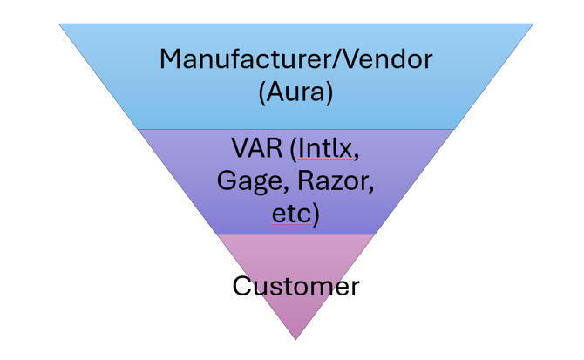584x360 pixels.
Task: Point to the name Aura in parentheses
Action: pyautogui.click(x=296, y=92)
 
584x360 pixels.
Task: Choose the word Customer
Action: pyautogui.click(x=295, y=285)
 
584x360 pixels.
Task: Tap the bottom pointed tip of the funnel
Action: pyautogui.click(x=295, y=338)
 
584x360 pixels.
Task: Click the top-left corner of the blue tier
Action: pyautogui.click(x=60, y=25)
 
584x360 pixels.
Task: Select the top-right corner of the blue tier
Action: pyautogui.click(x=532, y=25)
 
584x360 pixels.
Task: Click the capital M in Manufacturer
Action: pyautogui.click(x=172, y=60)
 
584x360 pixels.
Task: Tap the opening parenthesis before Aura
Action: pyautogui.click(x=262, y=92)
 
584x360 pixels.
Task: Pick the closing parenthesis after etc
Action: pyautogui.click(x=314, y=215)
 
